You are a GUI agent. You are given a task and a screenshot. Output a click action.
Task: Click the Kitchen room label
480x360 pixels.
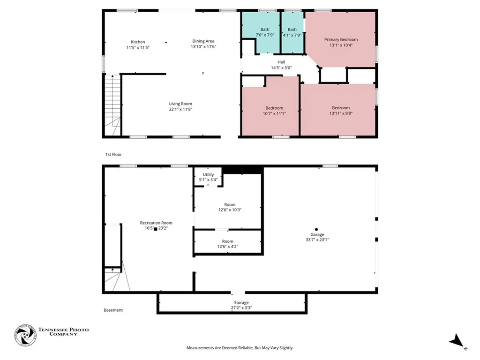pos(138,42)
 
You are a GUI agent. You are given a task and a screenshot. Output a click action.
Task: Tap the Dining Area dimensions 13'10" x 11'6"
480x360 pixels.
pos(203,46)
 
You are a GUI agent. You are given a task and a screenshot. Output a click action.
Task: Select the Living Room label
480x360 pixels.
pos(180,104)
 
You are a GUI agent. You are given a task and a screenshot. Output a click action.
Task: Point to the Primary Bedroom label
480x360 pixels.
pos(341,39)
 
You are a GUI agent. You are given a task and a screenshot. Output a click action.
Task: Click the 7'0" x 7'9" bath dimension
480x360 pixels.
pos(265,35)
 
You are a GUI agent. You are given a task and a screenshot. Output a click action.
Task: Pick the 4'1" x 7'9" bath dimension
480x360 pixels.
pos(292,35)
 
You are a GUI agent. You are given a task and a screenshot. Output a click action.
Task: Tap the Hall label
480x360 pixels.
pos(281,62)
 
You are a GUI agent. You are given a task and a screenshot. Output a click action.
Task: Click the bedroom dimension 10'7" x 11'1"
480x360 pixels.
pos(274,113)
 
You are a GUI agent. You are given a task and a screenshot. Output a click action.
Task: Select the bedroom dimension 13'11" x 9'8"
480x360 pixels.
pos(341,113)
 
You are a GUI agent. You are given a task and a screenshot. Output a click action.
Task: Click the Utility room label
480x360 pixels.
pos(208,174)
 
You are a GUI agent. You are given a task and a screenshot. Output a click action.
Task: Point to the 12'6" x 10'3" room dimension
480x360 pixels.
pos(230,210)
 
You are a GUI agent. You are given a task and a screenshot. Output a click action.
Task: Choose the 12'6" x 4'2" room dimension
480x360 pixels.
pos(228,247)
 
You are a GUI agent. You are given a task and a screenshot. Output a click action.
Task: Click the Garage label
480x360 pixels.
pos(317,234)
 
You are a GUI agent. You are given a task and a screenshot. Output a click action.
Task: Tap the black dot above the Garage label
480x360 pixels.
pos(316,229)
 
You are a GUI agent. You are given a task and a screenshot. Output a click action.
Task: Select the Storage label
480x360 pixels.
pos(241,302)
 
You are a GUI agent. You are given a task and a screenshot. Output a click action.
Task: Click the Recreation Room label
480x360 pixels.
pos(156,223)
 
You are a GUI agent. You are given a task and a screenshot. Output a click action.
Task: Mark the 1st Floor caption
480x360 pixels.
pos(113,155)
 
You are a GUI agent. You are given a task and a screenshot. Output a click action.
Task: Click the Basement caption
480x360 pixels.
pos(113,310)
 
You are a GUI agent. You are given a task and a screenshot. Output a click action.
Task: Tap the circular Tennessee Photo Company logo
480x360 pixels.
pos(25,335)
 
